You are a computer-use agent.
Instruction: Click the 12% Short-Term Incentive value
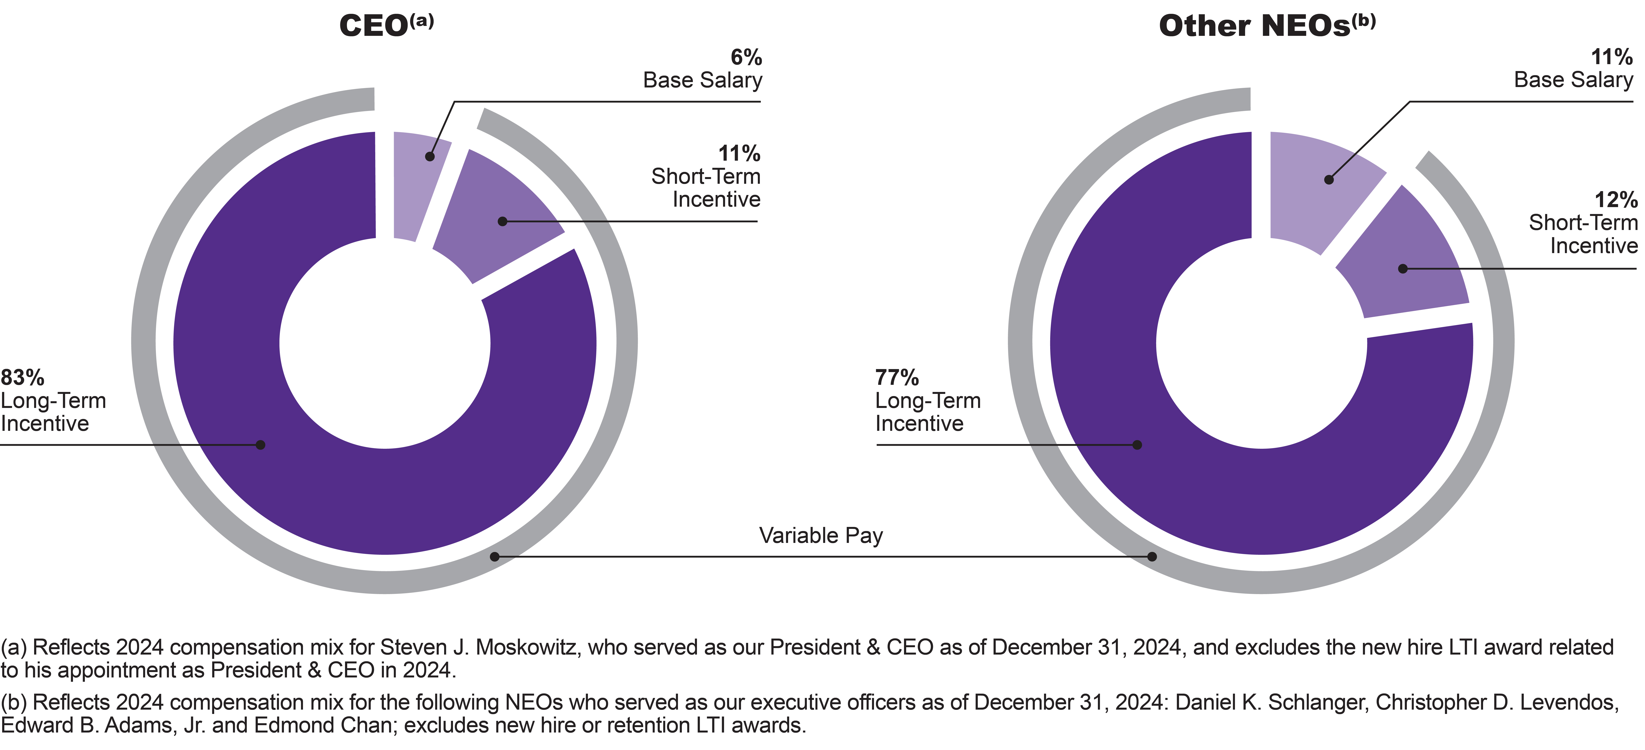[1616, 200]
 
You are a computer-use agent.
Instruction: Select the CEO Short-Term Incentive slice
[495, 217]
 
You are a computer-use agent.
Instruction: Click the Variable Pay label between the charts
[821, 535]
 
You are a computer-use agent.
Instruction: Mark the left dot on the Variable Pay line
[494, 557]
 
